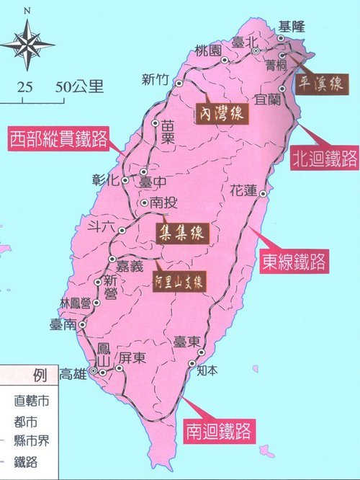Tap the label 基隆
(292, 27)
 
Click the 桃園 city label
(208, 50)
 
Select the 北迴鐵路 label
(325, 159)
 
